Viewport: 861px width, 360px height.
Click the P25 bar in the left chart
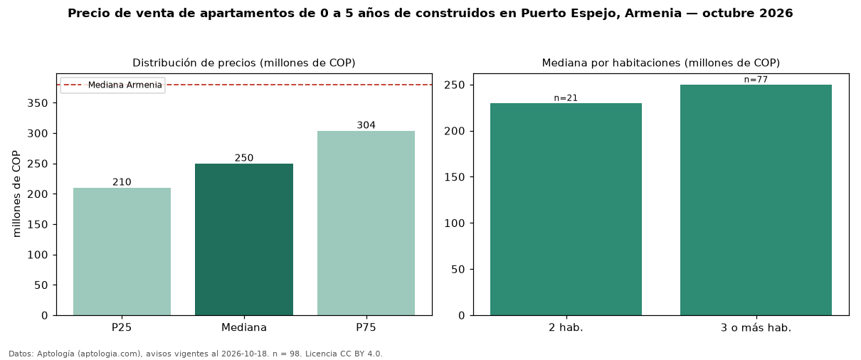coord(122,252)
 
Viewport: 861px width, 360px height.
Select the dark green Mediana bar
coord(244,239)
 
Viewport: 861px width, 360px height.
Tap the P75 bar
coord(366,223)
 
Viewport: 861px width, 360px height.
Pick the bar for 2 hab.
coord(566,209)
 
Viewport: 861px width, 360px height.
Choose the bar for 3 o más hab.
coord(756,200)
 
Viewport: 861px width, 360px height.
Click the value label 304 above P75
coord(366,125)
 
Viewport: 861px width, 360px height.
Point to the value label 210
coord(122,181)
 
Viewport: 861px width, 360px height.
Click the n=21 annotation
coord(566,98)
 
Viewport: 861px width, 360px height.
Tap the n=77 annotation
coord(756,80)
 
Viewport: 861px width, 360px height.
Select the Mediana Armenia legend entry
coord(112,85)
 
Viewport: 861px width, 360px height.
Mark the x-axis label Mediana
coord(244,327)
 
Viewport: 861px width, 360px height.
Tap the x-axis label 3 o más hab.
coord(756,328)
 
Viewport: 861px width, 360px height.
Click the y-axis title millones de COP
coord(16,194)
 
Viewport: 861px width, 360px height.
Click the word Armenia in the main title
coord(653,13)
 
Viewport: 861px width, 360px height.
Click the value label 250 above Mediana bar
coord(244,158)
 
